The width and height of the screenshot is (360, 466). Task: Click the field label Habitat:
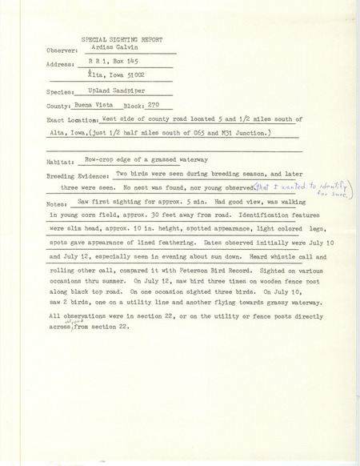(64, 161)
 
